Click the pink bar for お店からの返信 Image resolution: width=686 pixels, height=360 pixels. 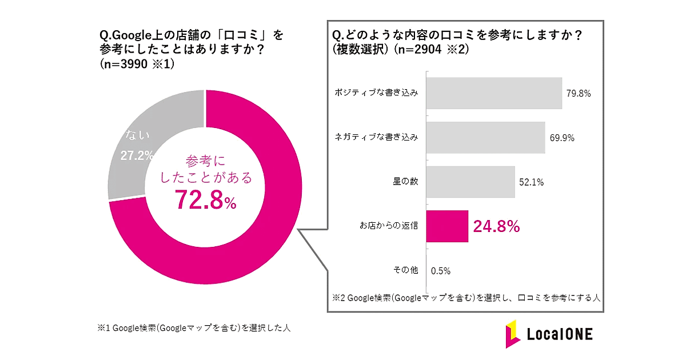[x=448, y=226]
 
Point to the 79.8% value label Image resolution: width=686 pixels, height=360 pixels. [x=579, y=94]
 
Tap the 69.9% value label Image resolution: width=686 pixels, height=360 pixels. [x=562, y=138]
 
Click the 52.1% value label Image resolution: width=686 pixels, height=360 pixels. [x=531, y=182]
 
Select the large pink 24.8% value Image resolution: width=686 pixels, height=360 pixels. [x=496, y=226]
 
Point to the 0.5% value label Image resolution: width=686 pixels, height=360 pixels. [x=441, y=270]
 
